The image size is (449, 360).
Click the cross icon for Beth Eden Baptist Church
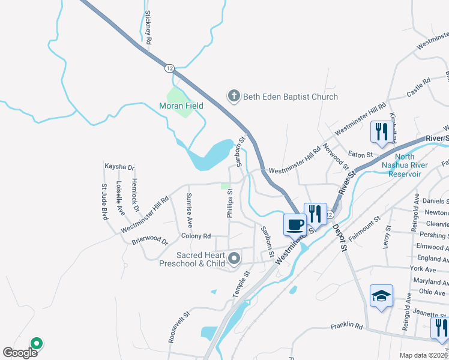234,96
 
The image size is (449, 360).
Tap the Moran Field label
181,106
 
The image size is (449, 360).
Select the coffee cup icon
294,225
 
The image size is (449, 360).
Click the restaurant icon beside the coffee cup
315,213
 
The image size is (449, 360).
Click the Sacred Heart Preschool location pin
234,259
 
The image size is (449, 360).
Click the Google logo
20,353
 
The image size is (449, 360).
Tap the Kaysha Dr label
119,167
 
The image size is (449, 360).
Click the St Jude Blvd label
104,201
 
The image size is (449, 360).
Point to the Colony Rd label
196,236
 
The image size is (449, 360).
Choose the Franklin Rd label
347,327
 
